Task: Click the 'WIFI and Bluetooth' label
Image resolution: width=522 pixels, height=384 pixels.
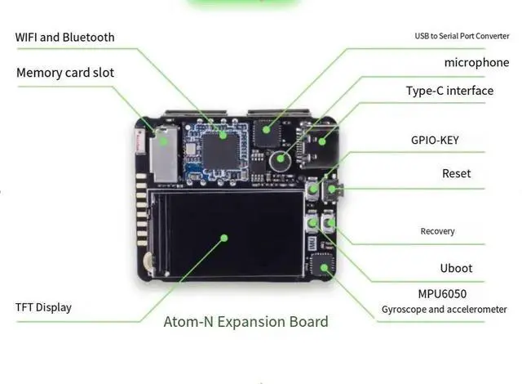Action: [64, 37]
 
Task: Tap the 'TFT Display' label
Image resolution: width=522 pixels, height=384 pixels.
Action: [43, 307]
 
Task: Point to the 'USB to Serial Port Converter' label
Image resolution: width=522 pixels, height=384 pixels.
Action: [462, 36]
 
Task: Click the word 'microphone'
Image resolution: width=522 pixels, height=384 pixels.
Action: [476, 62]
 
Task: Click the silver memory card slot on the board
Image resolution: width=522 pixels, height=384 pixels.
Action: [163, 154]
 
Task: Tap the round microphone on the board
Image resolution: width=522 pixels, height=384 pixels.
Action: [281, 160]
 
